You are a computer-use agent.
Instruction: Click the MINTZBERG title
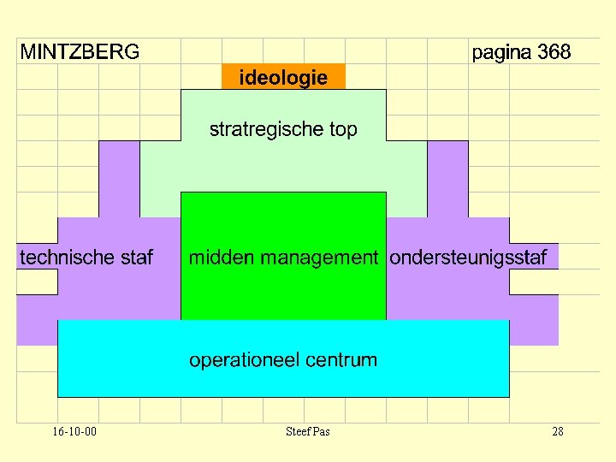tap(80, 52)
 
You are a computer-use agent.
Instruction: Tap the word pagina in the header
tap(502, 52)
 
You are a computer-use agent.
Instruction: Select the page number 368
tap(554, 52)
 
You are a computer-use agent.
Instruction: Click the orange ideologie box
tap(283, 77)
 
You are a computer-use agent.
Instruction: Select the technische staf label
tap(86, 257)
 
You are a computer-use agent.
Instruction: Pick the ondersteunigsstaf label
tap(468, 257)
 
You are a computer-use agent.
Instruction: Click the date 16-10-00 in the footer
tap(74, 431)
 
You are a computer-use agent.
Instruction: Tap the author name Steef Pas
tap(307, 431)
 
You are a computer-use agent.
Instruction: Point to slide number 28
tap(557, 431)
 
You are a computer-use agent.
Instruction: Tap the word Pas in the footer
tap(321, 431)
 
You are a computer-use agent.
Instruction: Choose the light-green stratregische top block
tap(283, 167)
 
